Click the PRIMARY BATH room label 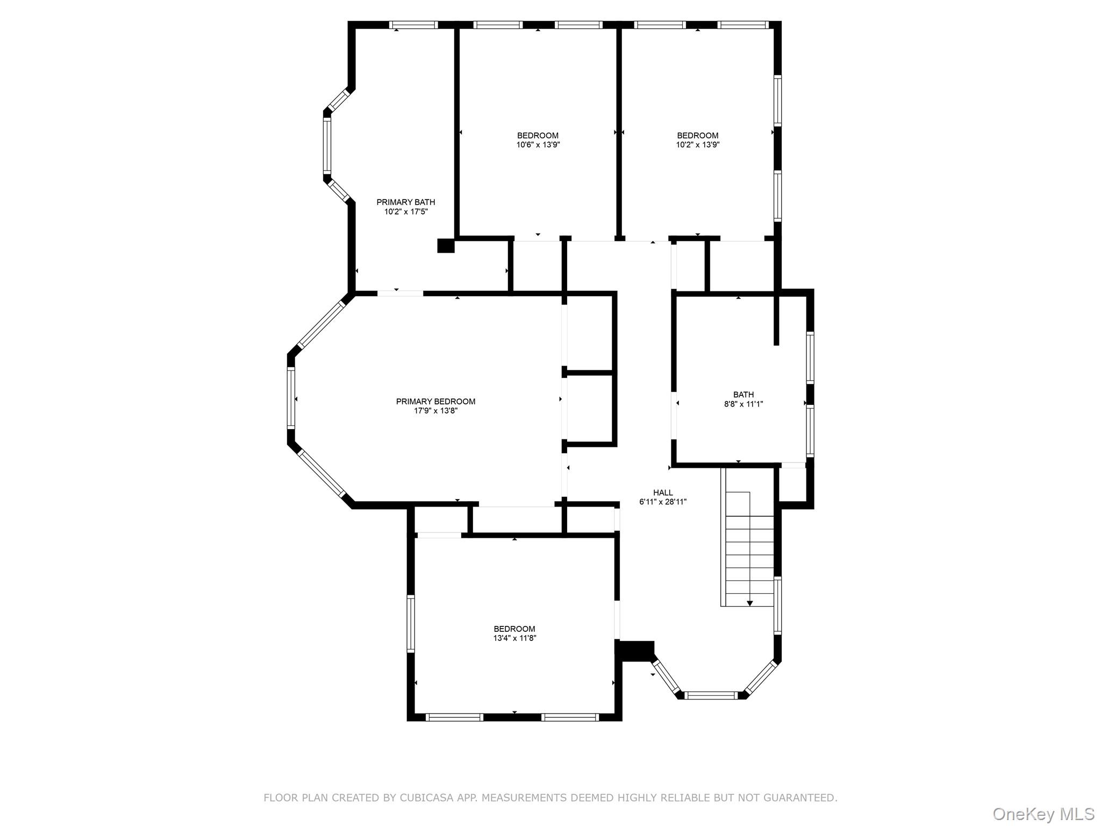[405, 202]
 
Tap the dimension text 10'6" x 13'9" [538, 145]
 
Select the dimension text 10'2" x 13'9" [697, 145]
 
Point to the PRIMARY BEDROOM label [435, 401]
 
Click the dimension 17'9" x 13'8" [435, 411]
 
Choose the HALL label [663, 493]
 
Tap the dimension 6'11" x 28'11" [663, 502]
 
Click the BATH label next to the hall [743, 395]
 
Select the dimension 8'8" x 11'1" [743, 404]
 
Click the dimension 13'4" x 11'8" [514, 638]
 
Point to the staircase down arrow [750, 603]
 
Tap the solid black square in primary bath [446, 246]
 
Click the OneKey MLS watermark [1043, 814]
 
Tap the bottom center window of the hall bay [711, 695]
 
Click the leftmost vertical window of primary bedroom [291, 397]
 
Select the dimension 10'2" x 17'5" [405, 212]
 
